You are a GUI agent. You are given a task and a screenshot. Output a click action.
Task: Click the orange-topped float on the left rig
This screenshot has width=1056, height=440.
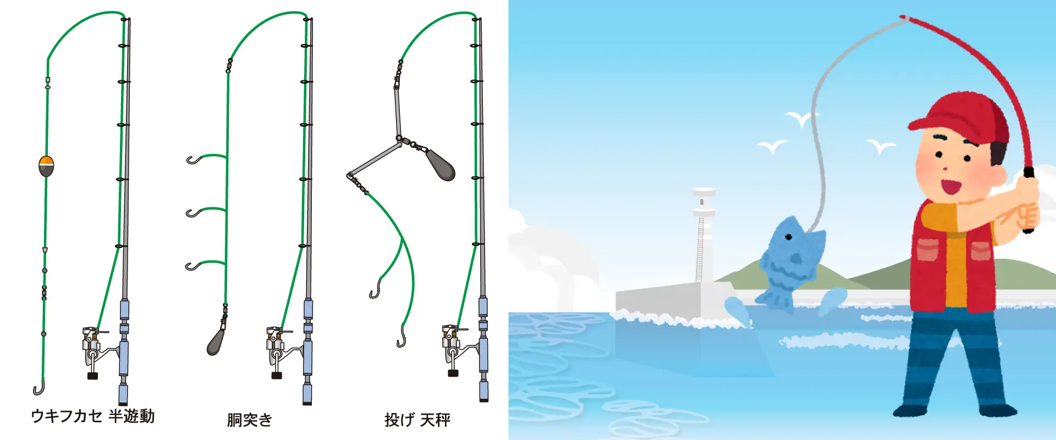(46, 166)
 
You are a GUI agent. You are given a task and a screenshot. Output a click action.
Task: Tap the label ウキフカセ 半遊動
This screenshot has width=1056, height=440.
(92, 416)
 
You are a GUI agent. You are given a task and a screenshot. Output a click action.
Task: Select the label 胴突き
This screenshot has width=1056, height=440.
(250, 420)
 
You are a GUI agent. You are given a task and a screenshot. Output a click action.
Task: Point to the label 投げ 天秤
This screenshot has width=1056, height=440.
(417, 420)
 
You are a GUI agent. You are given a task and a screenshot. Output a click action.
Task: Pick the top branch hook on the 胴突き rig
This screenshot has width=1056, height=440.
(194, 160)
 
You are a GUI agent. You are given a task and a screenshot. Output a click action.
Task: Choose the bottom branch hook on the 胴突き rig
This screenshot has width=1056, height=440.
(193, 267)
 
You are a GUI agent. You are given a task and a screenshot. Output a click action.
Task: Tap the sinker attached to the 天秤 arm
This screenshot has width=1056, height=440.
(442, 164)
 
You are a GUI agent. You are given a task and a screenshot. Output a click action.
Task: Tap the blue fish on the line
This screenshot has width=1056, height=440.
(789, 263)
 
